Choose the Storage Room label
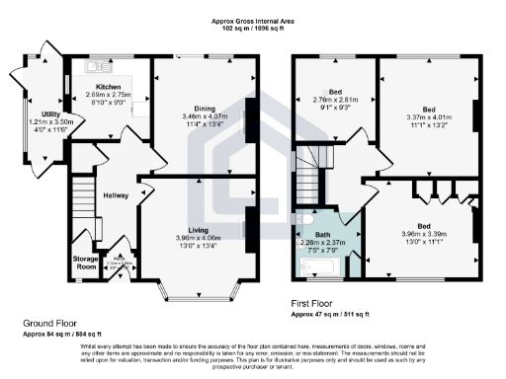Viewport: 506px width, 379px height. click(x=86, y=262)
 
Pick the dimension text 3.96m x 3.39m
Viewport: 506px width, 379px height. click(x=427, y=235)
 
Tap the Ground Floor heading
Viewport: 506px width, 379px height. click(x=51, y=323)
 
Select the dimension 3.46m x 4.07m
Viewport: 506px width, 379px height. click(x=206, y=116)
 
